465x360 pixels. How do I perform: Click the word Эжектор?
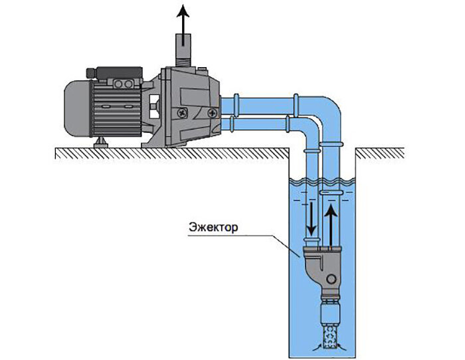213,227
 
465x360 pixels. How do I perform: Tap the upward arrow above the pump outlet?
183,25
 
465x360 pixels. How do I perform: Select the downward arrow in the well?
312,219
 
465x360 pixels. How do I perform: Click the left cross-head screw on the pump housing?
181,113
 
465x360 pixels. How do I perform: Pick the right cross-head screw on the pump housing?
213,113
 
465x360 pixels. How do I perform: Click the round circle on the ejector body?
331,279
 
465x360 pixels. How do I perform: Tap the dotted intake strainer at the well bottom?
329,337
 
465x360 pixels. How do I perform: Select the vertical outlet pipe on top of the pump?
183,46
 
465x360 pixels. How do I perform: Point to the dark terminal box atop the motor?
115,73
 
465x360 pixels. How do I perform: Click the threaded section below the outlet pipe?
183,63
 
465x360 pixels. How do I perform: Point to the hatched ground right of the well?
380,153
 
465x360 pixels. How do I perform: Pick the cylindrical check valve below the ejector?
329,311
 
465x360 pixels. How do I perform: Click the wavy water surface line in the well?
322,180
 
